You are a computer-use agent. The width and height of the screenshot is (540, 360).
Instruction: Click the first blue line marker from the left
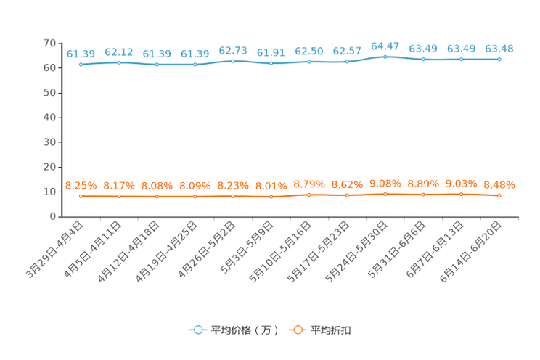tap(81, 65)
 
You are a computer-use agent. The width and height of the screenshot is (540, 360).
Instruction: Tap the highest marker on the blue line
tap(385, 57)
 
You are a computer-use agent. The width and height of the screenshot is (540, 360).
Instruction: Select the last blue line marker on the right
tap(499, 60)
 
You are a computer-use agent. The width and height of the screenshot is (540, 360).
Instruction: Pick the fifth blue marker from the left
tap(233, 62)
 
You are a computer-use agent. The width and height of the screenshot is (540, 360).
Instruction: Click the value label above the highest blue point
tap(385, 46)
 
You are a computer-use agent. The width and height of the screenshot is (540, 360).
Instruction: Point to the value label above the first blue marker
tap(81, 54)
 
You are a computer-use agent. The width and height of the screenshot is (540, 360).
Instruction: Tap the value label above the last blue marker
tap(499, 49)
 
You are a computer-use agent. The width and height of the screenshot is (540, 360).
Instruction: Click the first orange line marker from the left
tap(81, 196)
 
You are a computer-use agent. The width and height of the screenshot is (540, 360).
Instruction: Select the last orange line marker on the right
tap(499, 195)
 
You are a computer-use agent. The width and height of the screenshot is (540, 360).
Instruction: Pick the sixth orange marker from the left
tap(271, 197)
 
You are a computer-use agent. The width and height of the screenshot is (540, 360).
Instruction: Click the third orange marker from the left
tap(157, 197)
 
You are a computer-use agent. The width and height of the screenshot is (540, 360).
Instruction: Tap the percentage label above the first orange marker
tap(81, 186)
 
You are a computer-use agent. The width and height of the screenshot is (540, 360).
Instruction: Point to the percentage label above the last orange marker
tap(499, 185)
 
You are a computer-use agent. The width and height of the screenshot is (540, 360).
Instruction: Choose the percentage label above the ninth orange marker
tap(385, 184)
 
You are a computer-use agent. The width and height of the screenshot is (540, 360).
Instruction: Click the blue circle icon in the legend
tap(197, 330)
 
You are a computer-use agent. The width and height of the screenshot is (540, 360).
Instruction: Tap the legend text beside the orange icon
tap(332, 330)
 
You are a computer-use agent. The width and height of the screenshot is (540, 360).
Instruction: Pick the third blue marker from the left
tap(157, 65)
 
